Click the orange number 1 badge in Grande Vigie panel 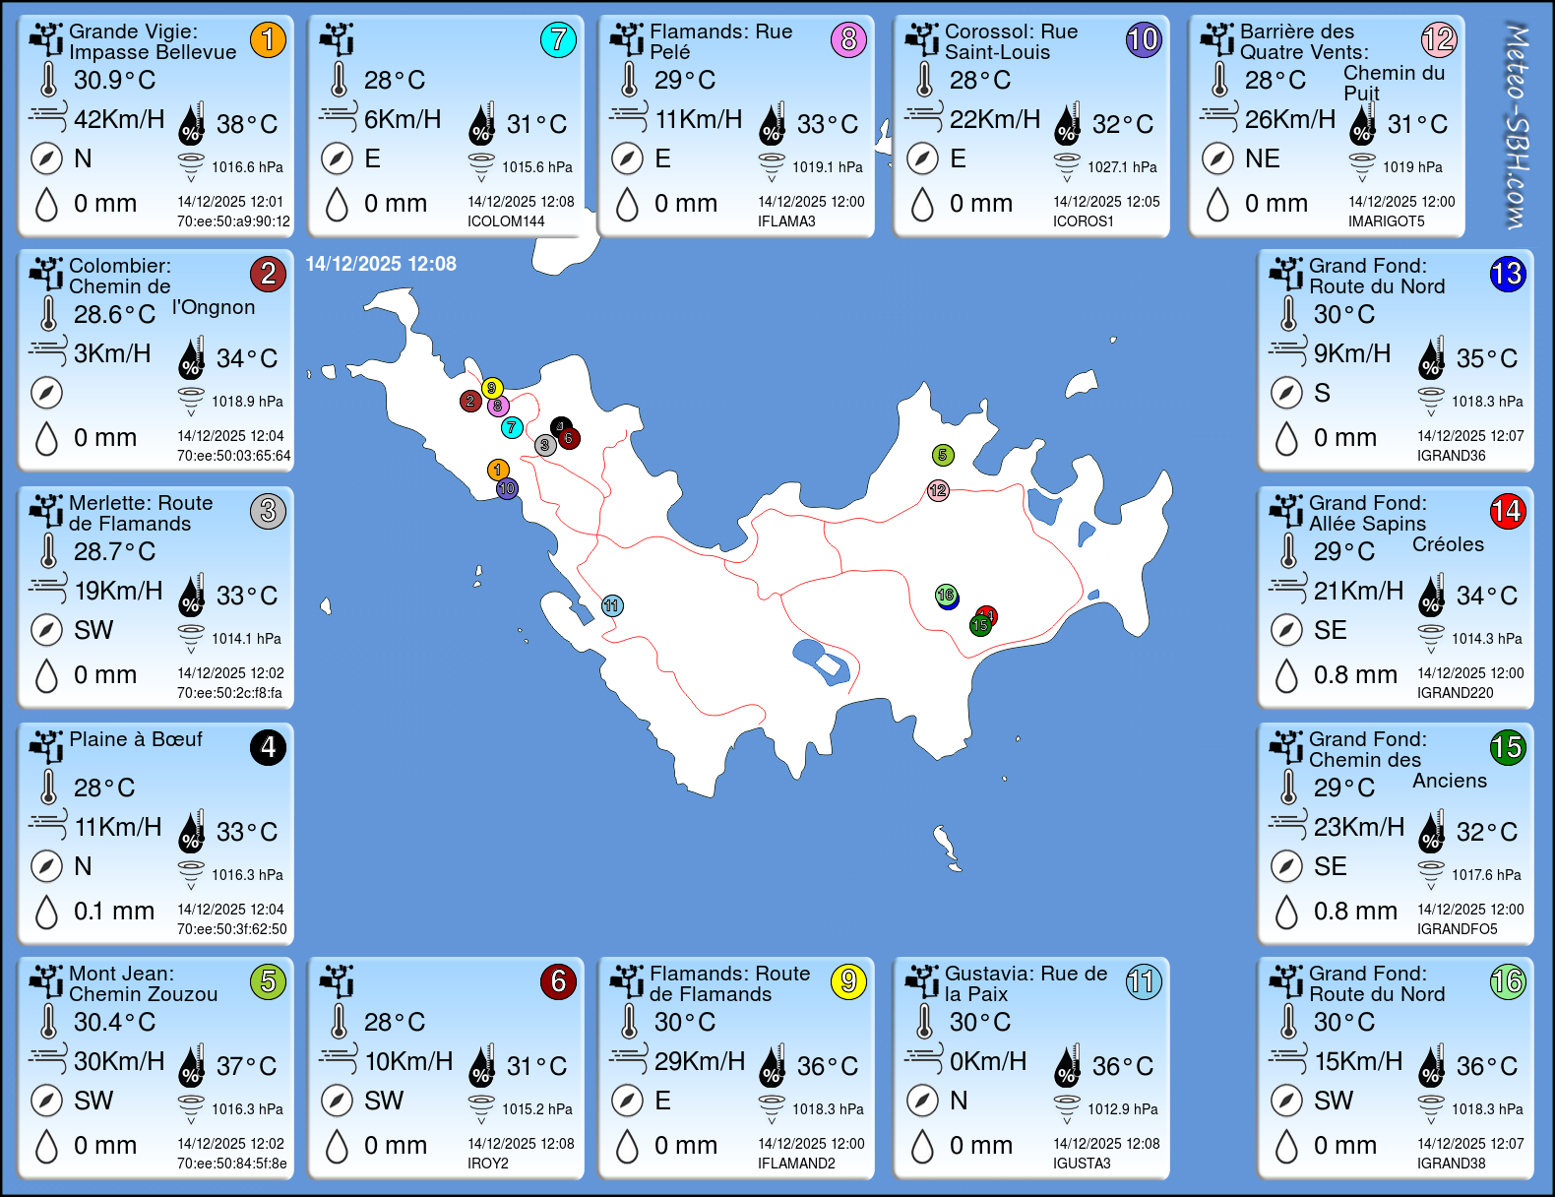[x=268, y=39]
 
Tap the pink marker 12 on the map [x=938, y=490]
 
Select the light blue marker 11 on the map [x=612, y=605]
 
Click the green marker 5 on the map [x=943, y=455]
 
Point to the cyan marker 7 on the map [x=512, y=427]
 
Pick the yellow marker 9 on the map [x=492, y=388]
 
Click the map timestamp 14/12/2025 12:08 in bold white [x=381, y=264]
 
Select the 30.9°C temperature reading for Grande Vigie [x=114, y=80]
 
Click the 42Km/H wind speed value [x=119, y=119]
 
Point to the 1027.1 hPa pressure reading [x=1122, y=167]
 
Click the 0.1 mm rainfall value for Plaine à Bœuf [x=114, y=912]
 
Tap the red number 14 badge [x=1507, y=511]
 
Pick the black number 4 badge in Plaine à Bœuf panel [x=268, y=747]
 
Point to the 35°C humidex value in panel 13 [x=1486, y=358]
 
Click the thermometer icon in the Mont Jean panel [x=48, y=1022]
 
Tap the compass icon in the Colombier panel [x=46, y=393]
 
